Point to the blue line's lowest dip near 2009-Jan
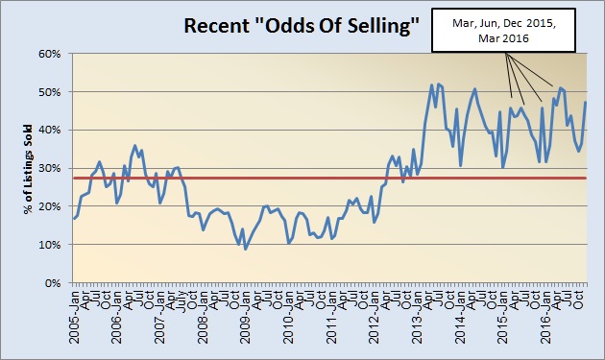click(246, 249)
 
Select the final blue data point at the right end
click(586, 103)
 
